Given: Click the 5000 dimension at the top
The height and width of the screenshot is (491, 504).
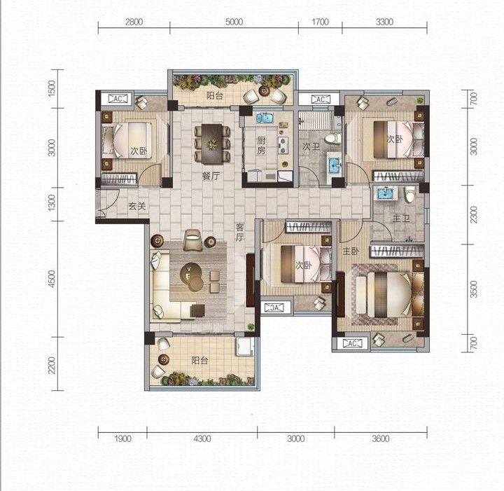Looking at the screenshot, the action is tap(234, 22).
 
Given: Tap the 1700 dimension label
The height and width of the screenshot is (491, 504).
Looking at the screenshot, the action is tap(320, 22).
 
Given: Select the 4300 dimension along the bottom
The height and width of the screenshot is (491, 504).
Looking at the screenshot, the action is tap(202, 438).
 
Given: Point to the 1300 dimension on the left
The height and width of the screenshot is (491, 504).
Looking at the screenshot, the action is tap(51, 203).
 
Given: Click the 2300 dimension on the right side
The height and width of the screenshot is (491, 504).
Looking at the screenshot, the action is tap(474, 215).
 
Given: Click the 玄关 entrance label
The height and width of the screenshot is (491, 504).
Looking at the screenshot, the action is tap(137, 206).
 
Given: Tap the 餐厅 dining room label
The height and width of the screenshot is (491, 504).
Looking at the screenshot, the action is tap(211, 177).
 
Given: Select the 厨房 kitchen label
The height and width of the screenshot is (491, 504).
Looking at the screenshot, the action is tap(261, 145).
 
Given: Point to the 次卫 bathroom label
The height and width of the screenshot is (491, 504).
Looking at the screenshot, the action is tap(311, 146).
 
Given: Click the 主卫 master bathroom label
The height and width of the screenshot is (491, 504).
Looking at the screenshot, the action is tap(401, 219).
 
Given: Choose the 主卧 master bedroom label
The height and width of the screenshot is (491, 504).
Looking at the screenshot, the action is tap(351, 251).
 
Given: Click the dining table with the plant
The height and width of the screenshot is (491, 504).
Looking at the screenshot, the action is tap(212, 144).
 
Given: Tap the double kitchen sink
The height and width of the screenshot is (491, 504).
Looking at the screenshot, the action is tap(265, 118).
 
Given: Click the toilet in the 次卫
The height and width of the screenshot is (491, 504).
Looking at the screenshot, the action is tap(333, 139).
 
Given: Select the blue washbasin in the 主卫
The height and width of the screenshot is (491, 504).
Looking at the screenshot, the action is tap(384, 193).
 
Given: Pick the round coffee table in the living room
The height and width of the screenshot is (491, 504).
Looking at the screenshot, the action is tap(192, 277).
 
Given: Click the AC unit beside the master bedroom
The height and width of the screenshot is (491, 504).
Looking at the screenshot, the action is tap(352, 343).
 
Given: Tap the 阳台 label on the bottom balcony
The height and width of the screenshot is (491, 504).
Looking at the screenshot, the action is tap(199, 361).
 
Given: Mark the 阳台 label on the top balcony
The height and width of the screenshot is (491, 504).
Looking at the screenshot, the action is tap(215, 95).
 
